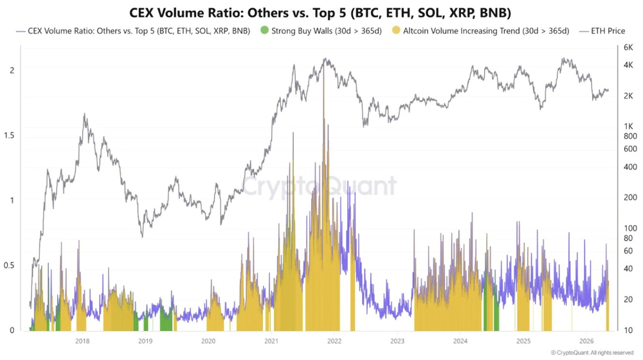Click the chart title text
coord(320,13)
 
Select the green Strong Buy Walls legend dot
coord(264,30)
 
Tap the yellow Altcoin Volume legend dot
coord(395,30)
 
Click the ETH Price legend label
coord(608,31)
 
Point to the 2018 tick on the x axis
coord(82,341)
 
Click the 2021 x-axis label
coord(271,341)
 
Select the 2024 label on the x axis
coord(460,341)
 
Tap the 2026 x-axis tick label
coord(586,341)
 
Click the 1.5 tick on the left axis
coord(9,135)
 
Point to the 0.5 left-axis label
coord(9,265)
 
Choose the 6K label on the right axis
coord(628,48)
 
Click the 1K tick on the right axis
coord(628,126)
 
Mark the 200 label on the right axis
coord(630,197)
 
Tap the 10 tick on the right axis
coord(628,330)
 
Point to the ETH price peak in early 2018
coord(84,114)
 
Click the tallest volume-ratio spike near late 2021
coord(323,62)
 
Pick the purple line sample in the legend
coord(21,31)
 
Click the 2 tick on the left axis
coord(12,70)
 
